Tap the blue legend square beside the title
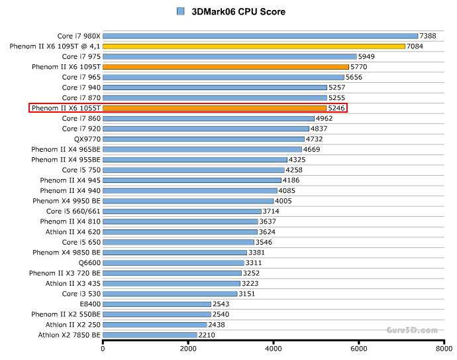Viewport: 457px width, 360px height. [181, 11]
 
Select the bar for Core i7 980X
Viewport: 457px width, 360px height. [260, 36]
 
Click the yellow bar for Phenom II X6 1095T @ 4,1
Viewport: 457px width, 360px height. [254, 46]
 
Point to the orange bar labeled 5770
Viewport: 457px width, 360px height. [226, 67]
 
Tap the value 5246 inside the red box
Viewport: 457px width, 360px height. [337, 108]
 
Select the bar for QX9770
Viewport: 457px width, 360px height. [203, 139]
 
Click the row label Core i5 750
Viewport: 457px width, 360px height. [81, 170]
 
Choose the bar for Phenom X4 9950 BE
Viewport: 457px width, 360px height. [188, 201]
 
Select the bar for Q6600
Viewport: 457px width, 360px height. [174, 263]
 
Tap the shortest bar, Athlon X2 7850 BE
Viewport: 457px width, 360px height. [150, 335]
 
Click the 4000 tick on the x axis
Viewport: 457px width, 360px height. [273, 348]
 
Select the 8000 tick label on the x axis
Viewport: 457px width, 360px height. [444, 348]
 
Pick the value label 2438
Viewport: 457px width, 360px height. [217, 325]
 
